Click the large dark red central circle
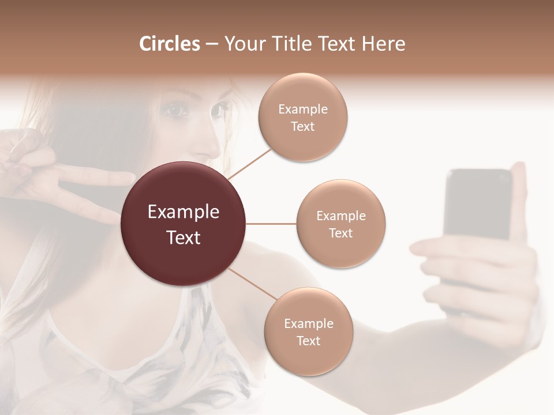[x=183, y=224]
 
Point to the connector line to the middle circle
[x=271, y=224]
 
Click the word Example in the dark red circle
[x=183, y=212]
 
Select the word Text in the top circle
[x=302, y=127]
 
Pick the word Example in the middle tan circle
[x=340, y=216]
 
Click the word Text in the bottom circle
[x=308, y=341]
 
